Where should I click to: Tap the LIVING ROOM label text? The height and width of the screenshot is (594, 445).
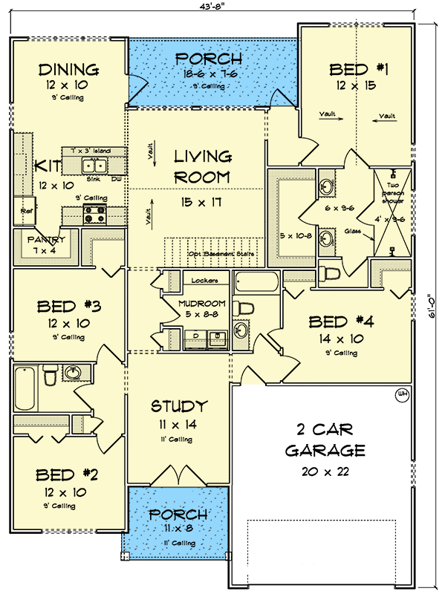(x=202, y=168)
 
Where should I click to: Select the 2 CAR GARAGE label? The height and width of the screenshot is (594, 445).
(x=324, y=440)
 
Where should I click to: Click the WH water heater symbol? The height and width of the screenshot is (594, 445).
(x=403, y=394)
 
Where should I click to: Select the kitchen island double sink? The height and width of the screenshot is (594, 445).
(x=95, y=166)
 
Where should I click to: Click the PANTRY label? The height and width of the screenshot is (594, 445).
(x=48, y=240)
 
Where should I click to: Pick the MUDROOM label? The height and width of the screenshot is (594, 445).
(x=201, y=304)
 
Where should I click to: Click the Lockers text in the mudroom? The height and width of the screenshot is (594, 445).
(x=204, y=281)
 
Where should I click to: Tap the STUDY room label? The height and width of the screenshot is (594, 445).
(x=178, y=406)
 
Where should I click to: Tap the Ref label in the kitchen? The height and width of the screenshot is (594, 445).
(x=25, y=211)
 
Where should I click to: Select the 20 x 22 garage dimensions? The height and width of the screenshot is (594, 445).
(x=325, y=471)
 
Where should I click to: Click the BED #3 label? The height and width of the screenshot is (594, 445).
(x=68, y=306)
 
